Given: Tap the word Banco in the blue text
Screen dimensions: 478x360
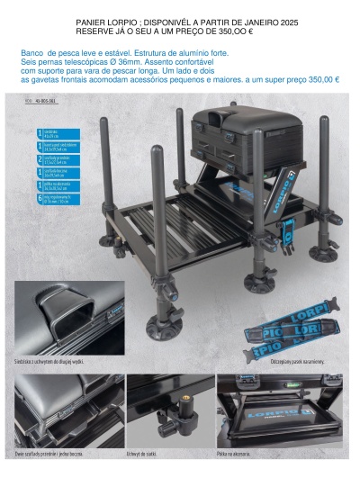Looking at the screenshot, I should pyautogui.click(x=32, y=53).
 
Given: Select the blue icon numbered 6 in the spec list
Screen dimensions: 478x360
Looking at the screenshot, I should pyautogui.click(x=40, y=197).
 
